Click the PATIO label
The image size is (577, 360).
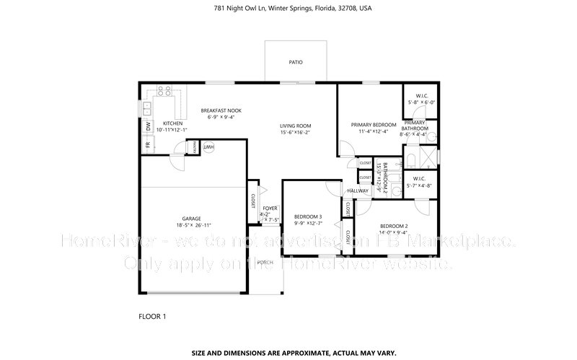point(295,62)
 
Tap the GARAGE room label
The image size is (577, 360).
point(191,219)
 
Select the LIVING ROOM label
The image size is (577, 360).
point(295,126)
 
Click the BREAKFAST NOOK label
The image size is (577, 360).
point(225,110)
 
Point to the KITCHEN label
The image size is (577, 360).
point(172,123)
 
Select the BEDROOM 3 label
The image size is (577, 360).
point(308,216)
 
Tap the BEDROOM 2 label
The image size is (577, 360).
point(395,226)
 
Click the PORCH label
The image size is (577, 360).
point(266,263)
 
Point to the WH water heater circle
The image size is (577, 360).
point(210,147)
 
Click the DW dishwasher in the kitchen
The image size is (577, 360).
point(148,126)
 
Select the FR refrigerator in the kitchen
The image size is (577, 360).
point(148,144)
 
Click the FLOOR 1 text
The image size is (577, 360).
point(152,316)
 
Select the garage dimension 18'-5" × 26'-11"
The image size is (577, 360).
point(191,226)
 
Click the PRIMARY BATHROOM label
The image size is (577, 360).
point(415,126)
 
